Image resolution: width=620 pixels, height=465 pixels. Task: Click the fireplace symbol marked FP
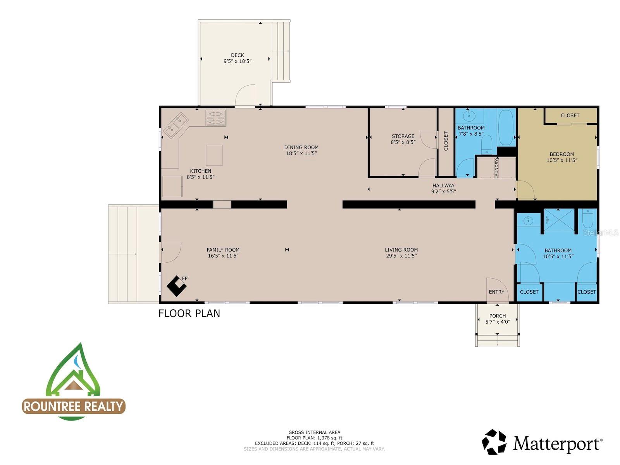(x=176, y=286)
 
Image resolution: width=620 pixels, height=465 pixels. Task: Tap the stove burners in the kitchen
(x=215, y=118)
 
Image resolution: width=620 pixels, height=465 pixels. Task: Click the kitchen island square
(x=214, y=155)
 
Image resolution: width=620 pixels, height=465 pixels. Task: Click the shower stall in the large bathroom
(x=559, y=220)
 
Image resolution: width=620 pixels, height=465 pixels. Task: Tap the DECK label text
(x=237, y=55)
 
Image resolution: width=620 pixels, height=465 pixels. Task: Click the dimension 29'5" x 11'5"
(x=401, y=256)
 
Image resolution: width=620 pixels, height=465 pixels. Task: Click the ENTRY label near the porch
(x=496, y=292)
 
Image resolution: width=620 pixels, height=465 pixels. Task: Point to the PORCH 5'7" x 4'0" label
(x=498, y=319)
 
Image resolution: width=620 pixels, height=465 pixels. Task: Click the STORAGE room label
(x=403, y=136)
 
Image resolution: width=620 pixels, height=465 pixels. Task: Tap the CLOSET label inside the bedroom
(x=570, y=115)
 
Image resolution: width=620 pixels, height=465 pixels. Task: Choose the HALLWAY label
(x=443, y=186)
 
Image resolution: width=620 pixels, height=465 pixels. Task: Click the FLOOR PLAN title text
(x=189, y=313)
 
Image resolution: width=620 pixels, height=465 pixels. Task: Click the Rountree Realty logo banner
(x=74, y=406)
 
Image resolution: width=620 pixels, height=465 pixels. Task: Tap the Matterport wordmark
(x=557, y=443)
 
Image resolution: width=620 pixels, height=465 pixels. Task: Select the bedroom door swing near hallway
(x=525, y=190)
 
